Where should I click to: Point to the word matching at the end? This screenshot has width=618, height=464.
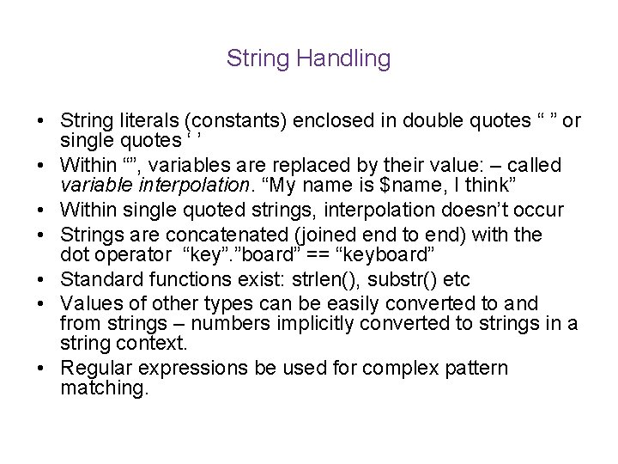pos(105,388)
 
